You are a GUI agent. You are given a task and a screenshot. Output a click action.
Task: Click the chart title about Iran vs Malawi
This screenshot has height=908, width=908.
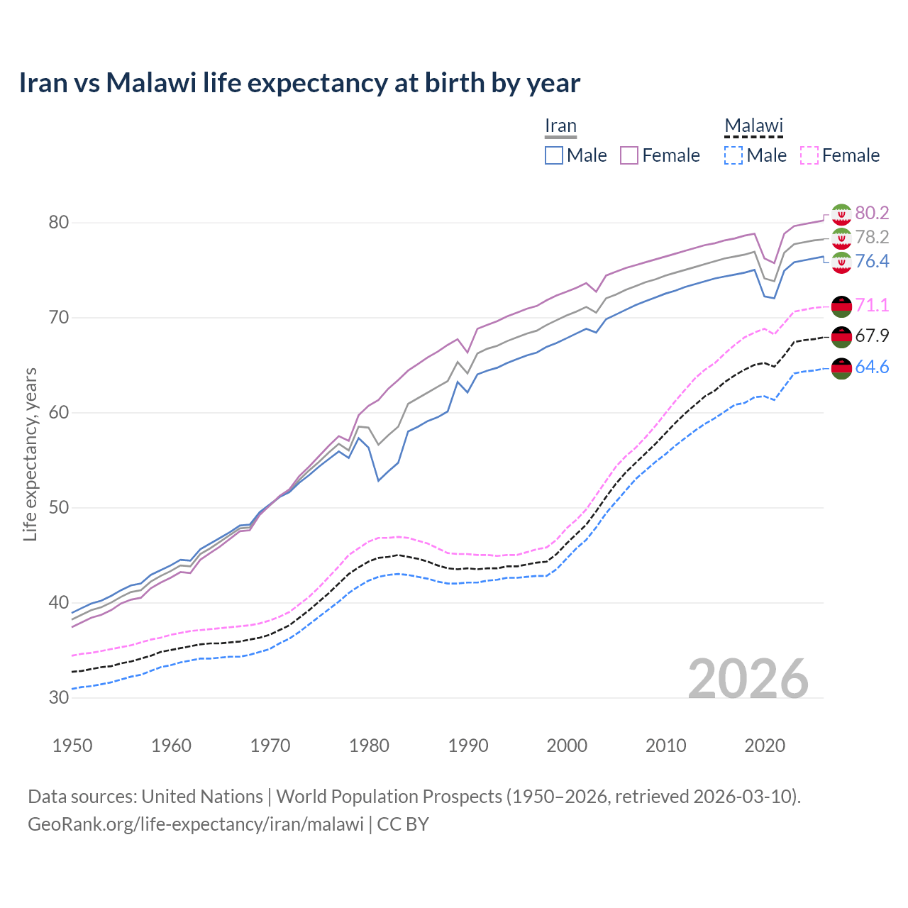[x=299, y=83]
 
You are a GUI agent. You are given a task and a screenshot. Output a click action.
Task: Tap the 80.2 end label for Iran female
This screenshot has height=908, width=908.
[x=872, y=213]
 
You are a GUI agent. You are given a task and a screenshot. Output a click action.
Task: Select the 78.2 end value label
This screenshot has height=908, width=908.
[x=872, y=237]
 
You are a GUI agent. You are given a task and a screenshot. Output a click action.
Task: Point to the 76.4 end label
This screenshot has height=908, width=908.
[x=872, y=261]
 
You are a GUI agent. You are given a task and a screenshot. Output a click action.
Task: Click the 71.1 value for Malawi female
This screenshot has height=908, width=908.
[x=872, y=305]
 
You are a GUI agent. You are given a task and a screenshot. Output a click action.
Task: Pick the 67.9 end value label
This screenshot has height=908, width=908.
[x=872, y=336]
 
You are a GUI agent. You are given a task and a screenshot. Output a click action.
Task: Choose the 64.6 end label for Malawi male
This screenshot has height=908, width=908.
[x=872, y=367]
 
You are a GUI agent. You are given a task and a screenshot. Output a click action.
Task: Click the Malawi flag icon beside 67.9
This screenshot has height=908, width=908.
[x=841, y=336]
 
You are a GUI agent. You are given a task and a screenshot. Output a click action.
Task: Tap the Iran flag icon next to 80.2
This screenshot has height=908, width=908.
[x=841, y=214]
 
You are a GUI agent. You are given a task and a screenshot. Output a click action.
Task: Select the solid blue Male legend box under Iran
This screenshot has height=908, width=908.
[x=554, y=155]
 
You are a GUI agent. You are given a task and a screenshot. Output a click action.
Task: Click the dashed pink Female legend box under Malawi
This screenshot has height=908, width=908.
[x=809, y=155]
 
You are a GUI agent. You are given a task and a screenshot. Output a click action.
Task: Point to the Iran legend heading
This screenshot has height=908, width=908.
[x=560, y=126]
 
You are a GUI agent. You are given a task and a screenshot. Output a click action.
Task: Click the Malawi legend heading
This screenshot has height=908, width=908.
[x=753, y=126]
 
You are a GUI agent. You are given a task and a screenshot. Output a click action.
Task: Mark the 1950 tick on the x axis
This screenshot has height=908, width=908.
[x=73, y=746]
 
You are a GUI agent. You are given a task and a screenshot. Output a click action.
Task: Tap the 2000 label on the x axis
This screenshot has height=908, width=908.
[x=567, y=746]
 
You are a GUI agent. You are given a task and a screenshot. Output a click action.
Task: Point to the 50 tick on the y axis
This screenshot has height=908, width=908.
[x=59, y=507]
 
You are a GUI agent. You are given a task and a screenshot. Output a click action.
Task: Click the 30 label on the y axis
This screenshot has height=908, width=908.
[x=59, y=697]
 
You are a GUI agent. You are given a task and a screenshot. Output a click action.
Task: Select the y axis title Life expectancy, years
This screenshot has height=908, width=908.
[x=31, y=454]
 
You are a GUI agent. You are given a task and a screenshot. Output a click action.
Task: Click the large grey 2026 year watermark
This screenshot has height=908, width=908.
[x=748, y=679]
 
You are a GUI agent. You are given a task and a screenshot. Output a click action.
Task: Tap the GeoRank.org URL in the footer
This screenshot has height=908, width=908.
[x=195, y=824]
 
